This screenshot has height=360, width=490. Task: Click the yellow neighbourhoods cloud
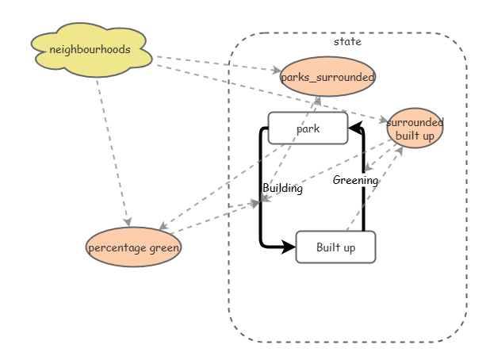(90, 50)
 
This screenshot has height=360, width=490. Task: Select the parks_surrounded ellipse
(327, 77)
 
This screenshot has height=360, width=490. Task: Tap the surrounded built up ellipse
(415, 128)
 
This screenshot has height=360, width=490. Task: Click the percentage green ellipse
(133, 247)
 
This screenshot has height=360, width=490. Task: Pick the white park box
(308, 128)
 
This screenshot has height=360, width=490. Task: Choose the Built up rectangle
(335, 247)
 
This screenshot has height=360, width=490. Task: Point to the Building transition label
(283, 189)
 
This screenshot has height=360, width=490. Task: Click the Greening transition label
(355, 180)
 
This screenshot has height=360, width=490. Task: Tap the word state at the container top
(347, 41)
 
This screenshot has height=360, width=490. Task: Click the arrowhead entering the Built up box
(289, 247)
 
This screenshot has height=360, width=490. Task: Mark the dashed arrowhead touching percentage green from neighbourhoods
(127, 223)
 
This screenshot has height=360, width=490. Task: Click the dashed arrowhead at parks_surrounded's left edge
(275, 71)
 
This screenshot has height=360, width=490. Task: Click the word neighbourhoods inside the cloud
(90, 49)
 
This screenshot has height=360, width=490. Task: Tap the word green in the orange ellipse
(164, 248)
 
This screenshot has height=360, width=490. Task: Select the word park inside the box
(308, 128)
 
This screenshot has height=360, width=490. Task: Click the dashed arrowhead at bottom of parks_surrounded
(316, 100)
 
